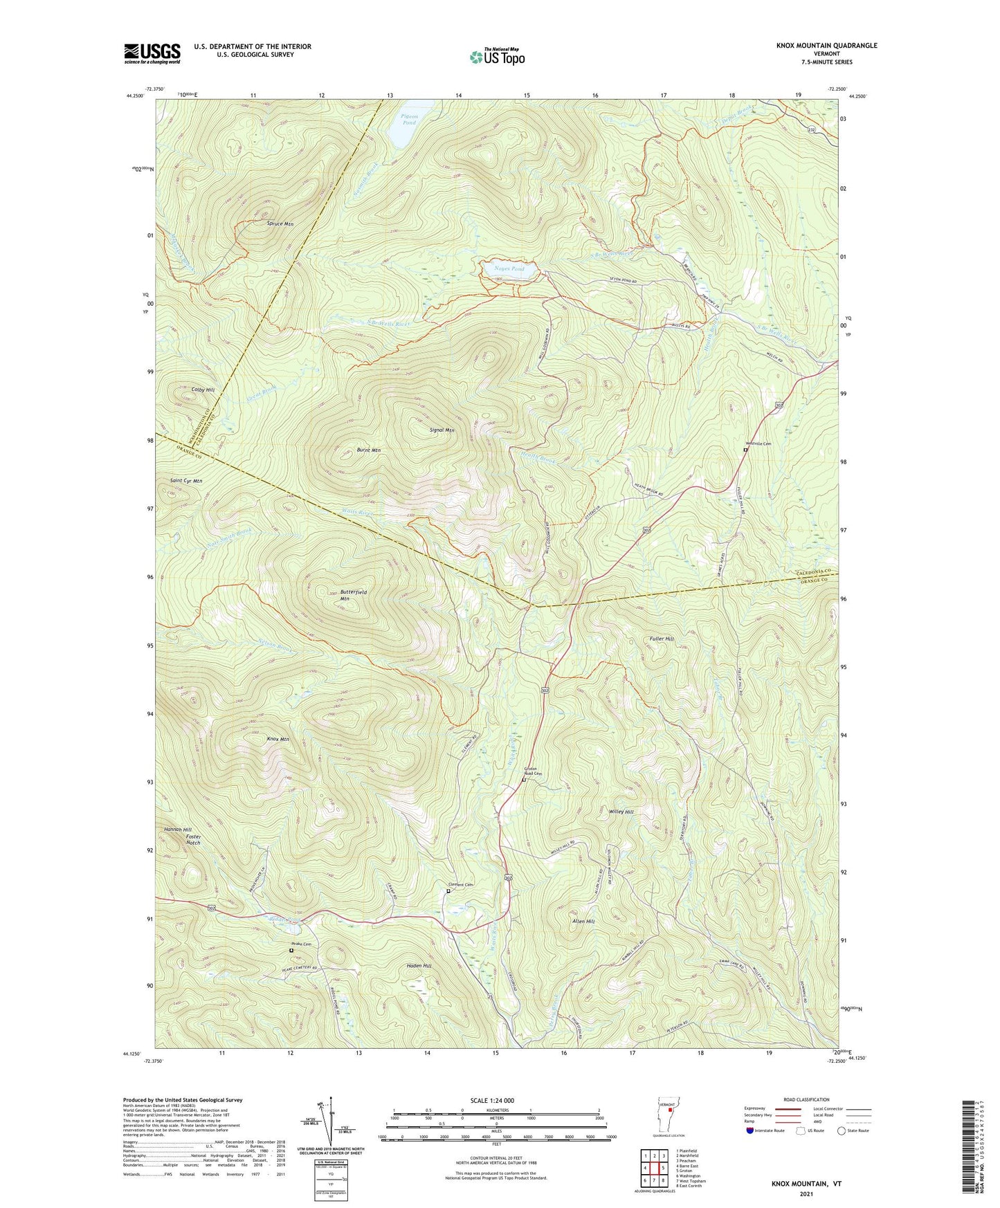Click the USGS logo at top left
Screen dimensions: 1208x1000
coord(152,53)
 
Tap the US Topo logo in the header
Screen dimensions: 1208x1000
coord(497,56)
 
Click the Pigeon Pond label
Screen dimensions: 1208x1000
coord(409,120)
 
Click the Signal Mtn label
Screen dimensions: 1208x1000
coord(442,430)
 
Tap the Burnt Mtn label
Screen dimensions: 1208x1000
coord(368,450)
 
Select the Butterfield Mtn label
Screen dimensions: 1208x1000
coord(353,595)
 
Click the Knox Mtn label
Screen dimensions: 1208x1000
coord(278,739)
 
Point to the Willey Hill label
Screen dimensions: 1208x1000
coord(621,811)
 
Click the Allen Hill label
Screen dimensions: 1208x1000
coord(583,921)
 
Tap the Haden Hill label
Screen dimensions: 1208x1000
coord(418,965)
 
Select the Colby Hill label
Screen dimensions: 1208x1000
coord(203,390)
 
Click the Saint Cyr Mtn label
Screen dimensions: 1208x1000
coord(186,480)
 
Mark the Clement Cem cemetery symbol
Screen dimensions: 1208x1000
coord(448,891)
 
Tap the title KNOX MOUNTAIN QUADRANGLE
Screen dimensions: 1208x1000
coord(826,46)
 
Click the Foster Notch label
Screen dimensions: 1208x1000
coord(193,839)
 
